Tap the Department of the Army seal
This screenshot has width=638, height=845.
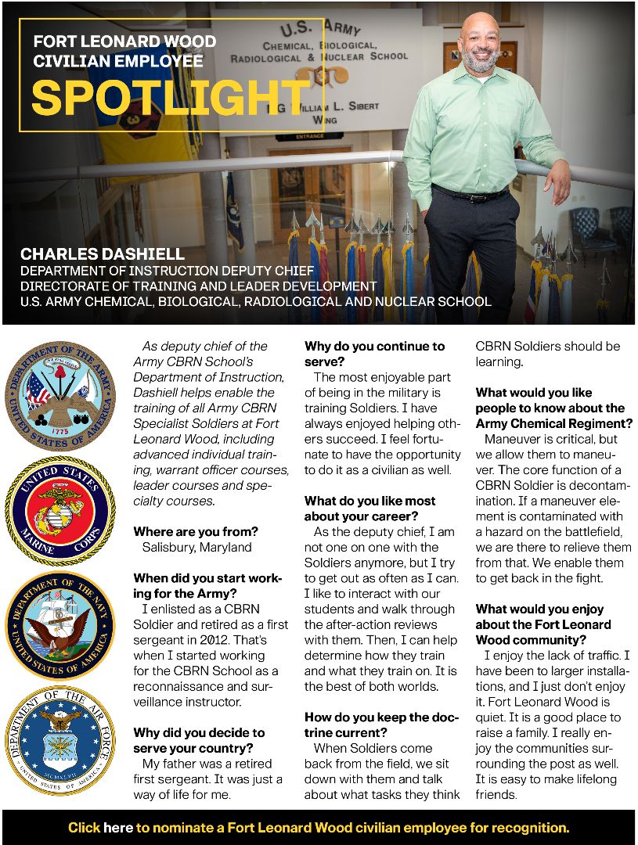tap(60, 394)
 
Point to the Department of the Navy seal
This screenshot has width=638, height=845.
tap(60, 625)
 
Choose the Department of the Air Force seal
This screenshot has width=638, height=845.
tap(60, 740)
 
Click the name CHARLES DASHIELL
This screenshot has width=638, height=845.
tap(103, 254)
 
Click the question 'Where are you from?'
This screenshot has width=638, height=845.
tap(196, 532)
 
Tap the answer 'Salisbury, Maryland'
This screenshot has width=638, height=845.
tap(196, 547)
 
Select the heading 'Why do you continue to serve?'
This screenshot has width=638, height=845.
tap(374, 354)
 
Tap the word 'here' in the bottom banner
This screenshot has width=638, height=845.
tap(118, 827)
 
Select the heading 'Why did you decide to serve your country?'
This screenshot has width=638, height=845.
tap(199, 740)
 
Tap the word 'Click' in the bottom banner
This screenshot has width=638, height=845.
tap(84, 827)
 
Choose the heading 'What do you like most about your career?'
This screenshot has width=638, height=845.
tap(369, 509)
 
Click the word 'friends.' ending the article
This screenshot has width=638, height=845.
tap(496, 794)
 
